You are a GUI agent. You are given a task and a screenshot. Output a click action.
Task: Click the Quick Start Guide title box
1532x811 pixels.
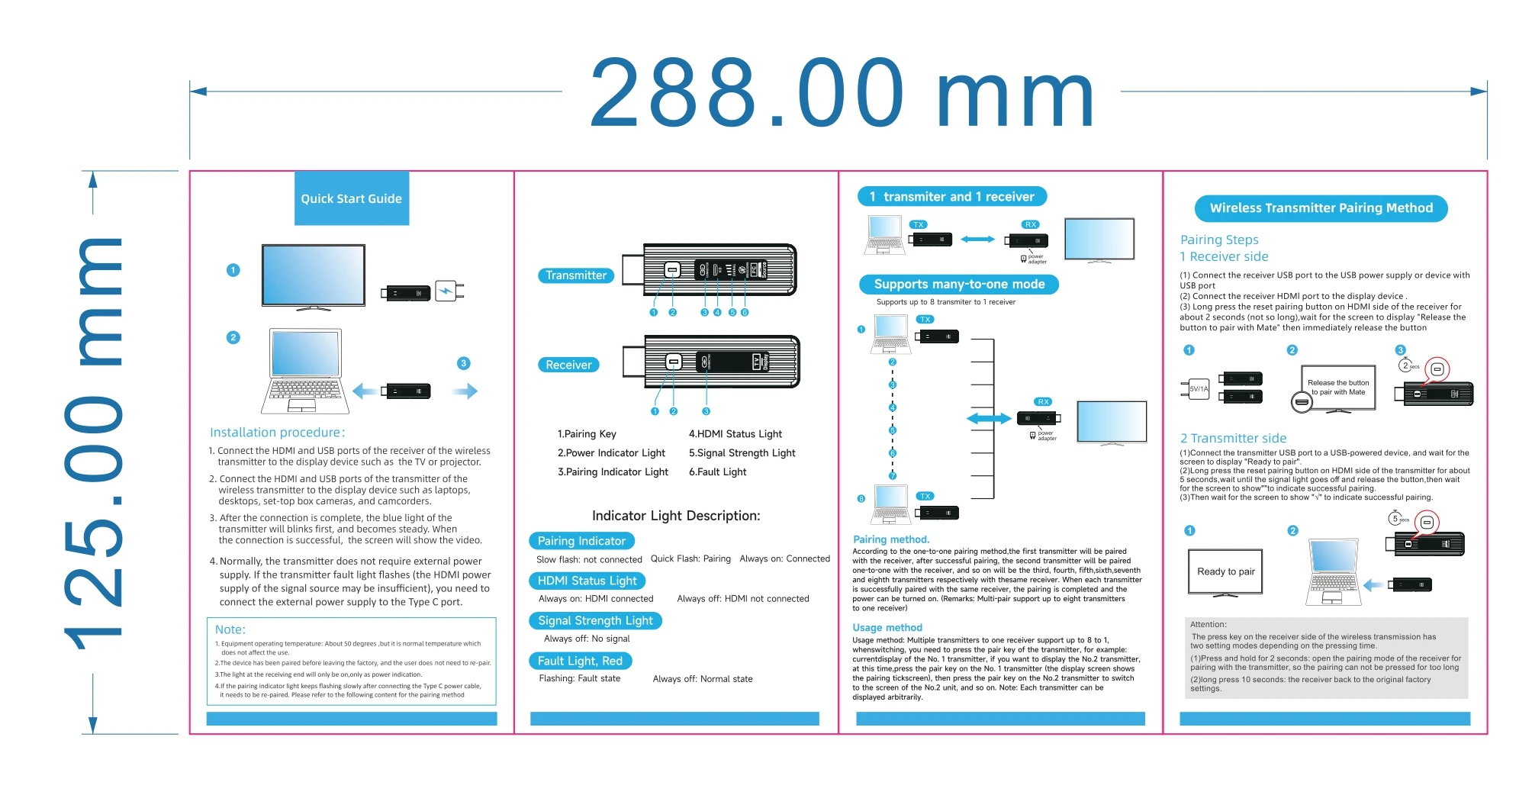[352, 198]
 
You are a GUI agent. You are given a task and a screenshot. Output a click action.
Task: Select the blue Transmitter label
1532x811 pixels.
[576, 275]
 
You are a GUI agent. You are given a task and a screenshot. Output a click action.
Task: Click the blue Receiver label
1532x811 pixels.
[568, 365]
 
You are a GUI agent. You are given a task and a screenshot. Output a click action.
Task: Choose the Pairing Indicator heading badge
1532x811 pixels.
[581, 541]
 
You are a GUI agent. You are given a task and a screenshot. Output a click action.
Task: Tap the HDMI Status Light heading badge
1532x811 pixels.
[587, 581]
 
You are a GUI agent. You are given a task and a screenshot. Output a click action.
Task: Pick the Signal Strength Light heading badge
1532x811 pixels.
[595, 620]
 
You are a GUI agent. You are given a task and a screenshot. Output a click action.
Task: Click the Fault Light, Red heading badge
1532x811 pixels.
[580, 661]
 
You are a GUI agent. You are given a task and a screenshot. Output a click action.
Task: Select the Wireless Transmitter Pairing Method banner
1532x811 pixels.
[1321, 208]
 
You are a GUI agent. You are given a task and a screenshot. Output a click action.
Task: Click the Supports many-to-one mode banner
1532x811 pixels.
[959, 285]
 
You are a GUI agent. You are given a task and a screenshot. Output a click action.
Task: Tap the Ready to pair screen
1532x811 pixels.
[1225, 571]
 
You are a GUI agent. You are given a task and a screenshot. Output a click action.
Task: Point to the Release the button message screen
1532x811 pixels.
[1338, 388]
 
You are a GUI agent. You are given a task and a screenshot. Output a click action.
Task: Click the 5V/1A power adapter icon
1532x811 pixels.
[1198, 388]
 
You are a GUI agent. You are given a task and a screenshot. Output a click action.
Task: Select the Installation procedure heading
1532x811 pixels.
[278, 433]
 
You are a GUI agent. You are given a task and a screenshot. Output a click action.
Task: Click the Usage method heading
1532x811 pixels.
[887, 628]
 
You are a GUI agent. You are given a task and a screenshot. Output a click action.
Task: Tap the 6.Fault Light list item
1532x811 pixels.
[717, 472]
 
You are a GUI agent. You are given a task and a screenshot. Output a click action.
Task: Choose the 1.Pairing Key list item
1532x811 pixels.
[587, 434]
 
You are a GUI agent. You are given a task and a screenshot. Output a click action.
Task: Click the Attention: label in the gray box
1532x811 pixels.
[1209, 624]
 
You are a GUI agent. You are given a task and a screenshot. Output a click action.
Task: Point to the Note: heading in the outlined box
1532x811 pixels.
[230, 629]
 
